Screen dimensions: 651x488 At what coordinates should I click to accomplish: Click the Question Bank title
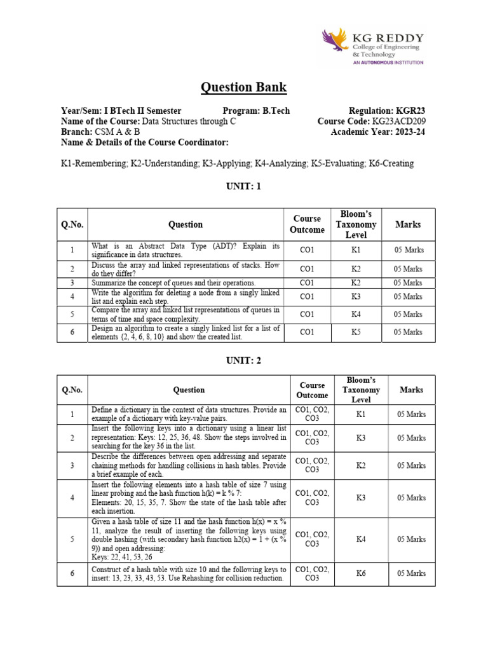click(x=244, y=87)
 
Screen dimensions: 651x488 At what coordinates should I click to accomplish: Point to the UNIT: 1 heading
click(x=244, y=186)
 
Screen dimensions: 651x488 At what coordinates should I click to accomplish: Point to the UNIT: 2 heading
click(x=244, y=360)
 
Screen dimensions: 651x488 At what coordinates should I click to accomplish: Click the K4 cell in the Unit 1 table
click(x=356, y=314)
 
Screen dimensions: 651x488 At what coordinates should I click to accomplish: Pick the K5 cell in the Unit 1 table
click(x=356, y=332)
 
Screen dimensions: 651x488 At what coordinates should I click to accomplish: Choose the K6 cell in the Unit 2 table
click(x=361, y=573)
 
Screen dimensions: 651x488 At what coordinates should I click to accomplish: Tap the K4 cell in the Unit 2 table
click(x=361, y=539)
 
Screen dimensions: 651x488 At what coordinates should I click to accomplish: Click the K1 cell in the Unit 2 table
click(x=361, y=415)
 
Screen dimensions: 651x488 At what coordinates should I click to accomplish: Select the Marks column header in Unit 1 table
click(x=408, y=224)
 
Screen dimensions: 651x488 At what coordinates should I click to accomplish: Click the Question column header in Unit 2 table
click(x=189, y=390)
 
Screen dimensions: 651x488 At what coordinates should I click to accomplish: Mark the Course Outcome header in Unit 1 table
click(x=307, y=224)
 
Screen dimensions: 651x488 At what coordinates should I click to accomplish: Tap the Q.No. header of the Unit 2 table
click(x=72, y=390)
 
